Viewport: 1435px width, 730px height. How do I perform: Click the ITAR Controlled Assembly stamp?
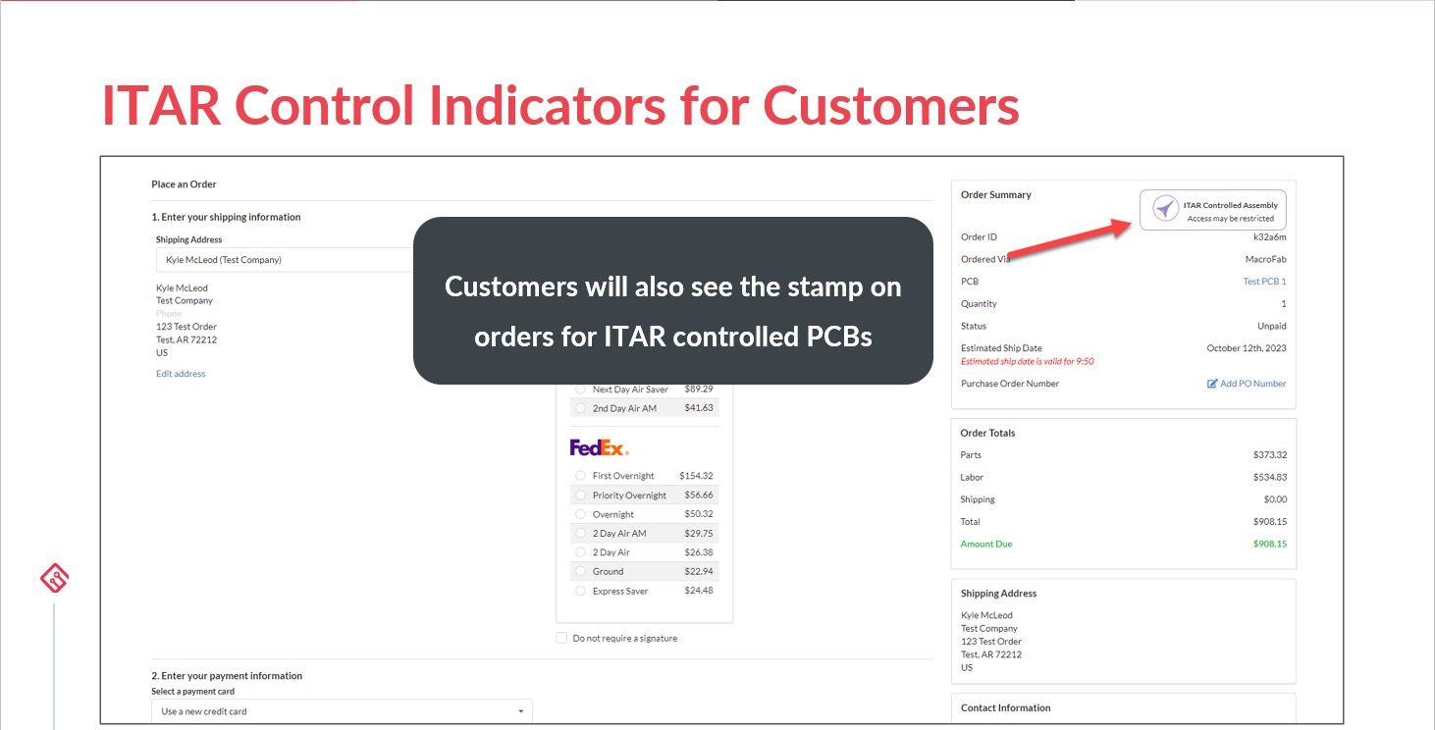point(1212,210)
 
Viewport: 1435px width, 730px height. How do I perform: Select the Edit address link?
point(181,374)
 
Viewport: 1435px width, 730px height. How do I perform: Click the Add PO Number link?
point(1247,384)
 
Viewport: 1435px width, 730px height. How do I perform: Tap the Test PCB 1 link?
point(1264,282)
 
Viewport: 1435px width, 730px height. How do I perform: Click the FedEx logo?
point(599,447)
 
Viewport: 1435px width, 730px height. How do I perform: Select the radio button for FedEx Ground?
point(581,571)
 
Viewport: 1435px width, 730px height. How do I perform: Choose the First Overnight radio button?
point(581,476)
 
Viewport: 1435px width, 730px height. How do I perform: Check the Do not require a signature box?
point(561,638)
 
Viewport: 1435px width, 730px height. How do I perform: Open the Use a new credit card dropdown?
point(342,711)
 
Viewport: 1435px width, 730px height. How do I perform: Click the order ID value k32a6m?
point(1269,237)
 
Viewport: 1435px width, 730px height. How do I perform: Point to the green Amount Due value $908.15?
point(1269,544)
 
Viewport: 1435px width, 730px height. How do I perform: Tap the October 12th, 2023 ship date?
point(1246,348)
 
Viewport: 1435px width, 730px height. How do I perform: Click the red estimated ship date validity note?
point(1027,361)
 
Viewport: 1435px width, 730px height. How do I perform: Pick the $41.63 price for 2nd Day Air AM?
point(698,408)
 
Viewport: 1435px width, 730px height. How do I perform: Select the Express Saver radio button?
point(581,591)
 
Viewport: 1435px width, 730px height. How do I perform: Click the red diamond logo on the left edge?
point(54,579)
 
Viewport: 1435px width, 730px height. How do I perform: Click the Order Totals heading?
point(987,433)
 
